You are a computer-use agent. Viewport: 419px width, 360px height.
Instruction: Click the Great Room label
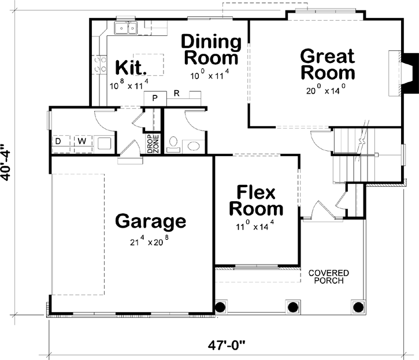coord(328,65)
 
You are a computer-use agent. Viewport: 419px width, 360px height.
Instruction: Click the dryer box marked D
coord(58,142)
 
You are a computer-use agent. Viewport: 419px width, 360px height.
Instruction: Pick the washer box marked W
coord(81,142)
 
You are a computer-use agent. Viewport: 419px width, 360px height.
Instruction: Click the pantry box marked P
coord(155,98)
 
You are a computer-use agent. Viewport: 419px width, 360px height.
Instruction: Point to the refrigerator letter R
coord(176,92)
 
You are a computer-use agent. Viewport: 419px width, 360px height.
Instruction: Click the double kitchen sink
coord(125,28)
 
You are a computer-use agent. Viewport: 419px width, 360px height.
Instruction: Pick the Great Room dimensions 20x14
coord(327,90)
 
